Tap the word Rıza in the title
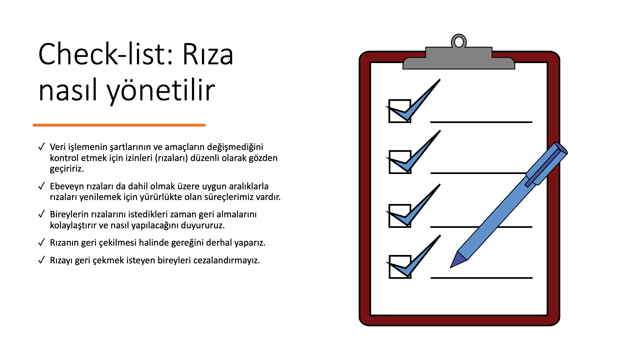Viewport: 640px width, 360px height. [x=208, y=54]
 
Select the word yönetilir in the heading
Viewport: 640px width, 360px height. [x=161, y=90]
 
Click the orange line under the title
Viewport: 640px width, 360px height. [x=119, y=125]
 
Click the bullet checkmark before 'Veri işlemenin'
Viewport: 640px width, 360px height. [x=42, y=147]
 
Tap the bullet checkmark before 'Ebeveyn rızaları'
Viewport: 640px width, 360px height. [x=42, y=186]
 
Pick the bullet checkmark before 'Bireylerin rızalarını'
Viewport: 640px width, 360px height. [x=42, y=214]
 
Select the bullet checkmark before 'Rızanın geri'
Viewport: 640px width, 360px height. [x=42, y=242]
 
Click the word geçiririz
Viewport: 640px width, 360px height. [x=67, y=169]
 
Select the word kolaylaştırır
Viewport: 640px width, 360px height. [x=73, y=225]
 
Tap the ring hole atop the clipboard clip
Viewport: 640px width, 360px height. [x=459, y=42]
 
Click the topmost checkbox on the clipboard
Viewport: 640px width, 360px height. [x=400, y=111]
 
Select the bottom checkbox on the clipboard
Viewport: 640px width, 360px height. [x=400, y=267]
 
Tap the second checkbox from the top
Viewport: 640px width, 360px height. [x=400, y=162]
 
